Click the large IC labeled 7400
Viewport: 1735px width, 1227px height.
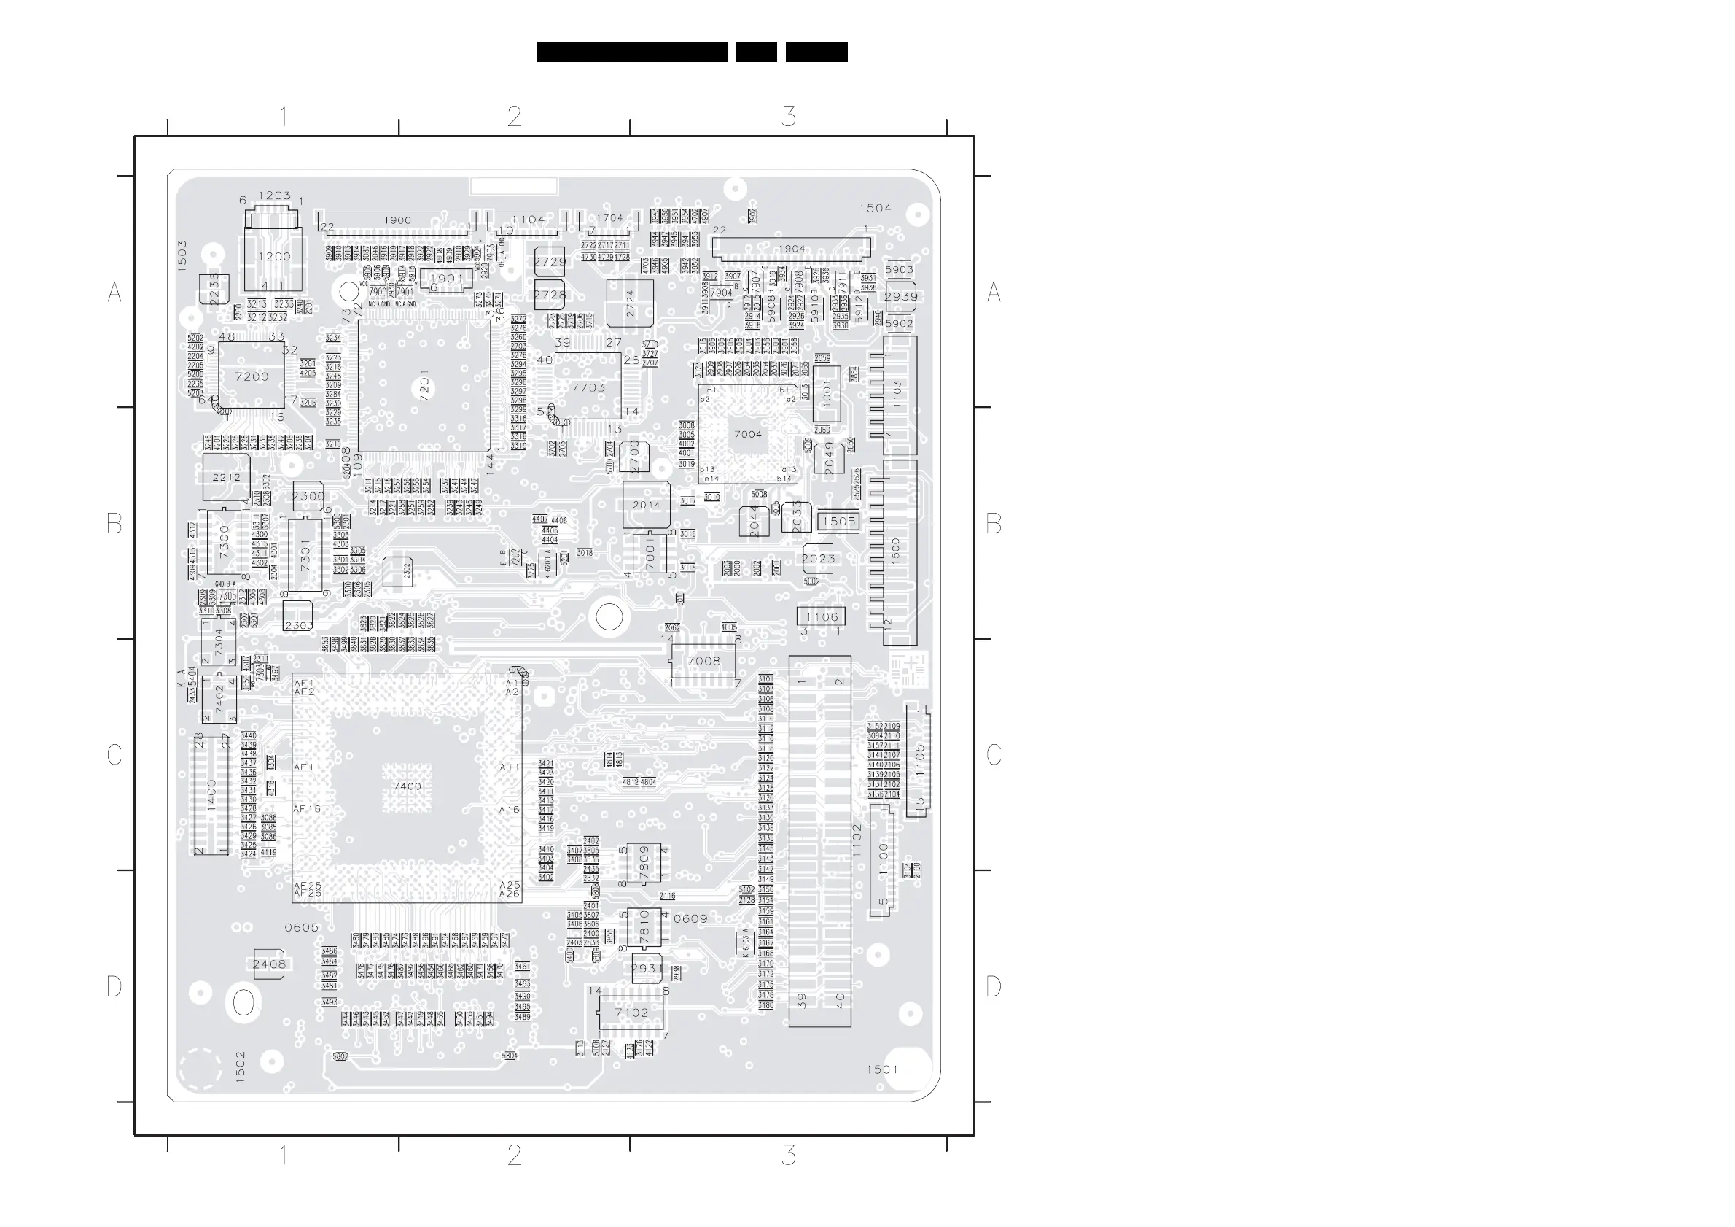tap(407, 787)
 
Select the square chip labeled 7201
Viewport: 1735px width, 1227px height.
tap(424, 387)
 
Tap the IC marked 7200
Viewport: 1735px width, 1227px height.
tap(252, 376)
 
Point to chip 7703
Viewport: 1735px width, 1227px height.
tap(588, 387)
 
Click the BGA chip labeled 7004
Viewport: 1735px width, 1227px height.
tap(747, 434)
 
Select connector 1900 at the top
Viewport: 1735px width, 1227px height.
tap(397, 222)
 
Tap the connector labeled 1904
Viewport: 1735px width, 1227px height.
tap(791, 249)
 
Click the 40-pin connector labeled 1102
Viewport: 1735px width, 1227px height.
tap(820, 840)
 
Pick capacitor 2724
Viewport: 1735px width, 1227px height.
tap(629, 303)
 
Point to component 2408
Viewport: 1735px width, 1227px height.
tap(269, 964)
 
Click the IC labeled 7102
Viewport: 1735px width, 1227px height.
tap(631, 1013)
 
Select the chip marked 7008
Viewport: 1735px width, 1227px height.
tap(703, 661)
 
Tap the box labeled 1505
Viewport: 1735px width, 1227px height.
tap(839, 521)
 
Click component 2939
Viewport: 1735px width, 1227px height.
tap(901, 296)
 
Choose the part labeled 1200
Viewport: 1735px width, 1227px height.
tap(273, 257)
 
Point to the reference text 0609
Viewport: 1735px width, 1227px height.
tap(690, 918)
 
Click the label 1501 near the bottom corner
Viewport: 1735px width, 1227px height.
tap(882, 1069)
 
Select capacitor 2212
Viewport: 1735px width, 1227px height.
tap(226, 477)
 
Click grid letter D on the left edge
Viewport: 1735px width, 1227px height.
tap(114, 986)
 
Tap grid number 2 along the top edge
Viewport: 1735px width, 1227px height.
tap(514, 117)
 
